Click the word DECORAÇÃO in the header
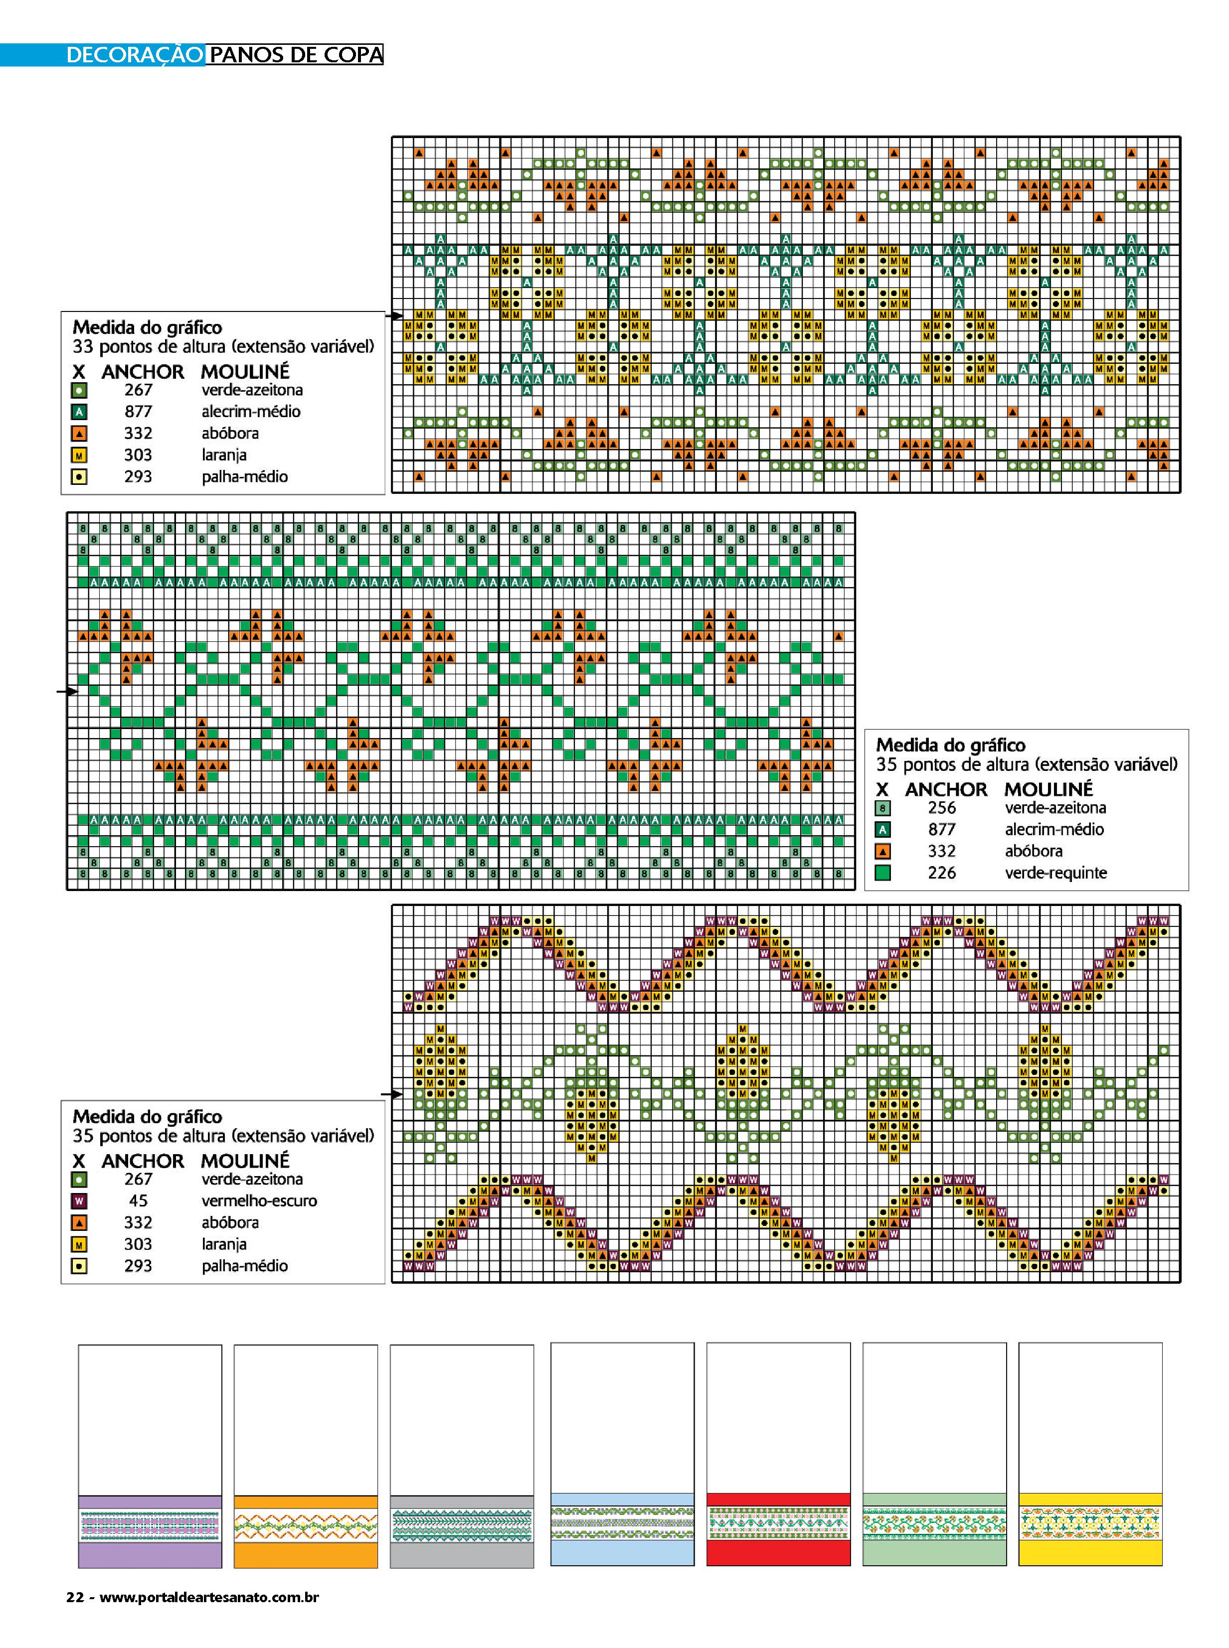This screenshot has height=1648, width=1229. [x=134, y=55]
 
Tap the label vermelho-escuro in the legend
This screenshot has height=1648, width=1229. [x=259, y=1200]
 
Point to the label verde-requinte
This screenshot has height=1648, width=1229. [x=1055, y=873]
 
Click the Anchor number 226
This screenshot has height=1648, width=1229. [x=941, y=873]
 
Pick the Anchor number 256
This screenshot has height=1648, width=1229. [x=941, y=808]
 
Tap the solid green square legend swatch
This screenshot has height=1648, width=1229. [x=882, y=873]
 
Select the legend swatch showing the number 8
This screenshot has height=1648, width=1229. [x=882, y=808]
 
